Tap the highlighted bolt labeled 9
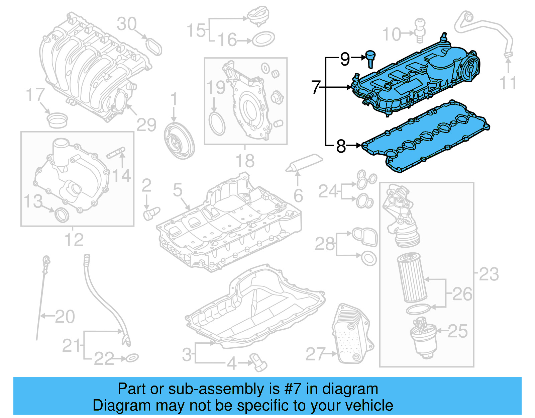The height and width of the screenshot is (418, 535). tap(370, 58)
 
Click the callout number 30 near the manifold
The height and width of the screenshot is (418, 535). tap(127, 24)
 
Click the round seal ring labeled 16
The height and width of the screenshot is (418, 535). tap(263, 39)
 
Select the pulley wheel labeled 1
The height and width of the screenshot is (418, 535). tap(179, 141)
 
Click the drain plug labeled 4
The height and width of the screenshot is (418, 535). tap(258, 362)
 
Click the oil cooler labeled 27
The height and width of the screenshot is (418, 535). tap(352, 334)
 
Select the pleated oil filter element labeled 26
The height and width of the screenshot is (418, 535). tap(412, 278)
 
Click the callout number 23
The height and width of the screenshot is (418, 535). tap(489, 274)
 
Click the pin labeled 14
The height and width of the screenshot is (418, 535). tap(116, 153)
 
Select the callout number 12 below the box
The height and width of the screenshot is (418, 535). tap(74, 240)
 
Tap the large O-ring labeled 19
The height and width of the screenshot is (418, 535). tap(217, 124)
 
